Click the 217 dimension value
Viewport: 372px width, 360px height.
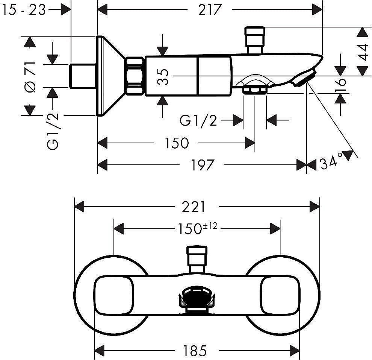210,10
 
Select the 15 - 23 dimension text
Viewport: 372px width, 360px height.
24,10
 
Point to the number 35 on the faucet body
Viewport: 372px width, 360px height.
163,76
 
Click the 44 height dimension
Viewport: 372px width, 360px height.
363,52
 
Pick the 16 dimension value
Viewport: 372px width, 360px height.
341,87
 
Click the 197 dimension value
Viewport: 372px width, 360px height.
203,165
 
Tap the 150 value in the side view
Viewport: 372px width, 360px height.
177,143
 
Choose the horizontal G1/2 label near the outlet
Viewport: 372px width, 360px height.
198,121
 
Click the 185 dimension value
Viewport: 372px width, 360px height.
195,351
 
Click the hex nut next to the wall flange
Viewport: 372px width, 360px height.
135,76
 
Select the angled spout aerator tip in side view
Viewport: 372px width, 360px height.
303,78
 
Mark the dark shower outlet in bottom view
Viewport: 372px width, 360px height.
197,297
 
